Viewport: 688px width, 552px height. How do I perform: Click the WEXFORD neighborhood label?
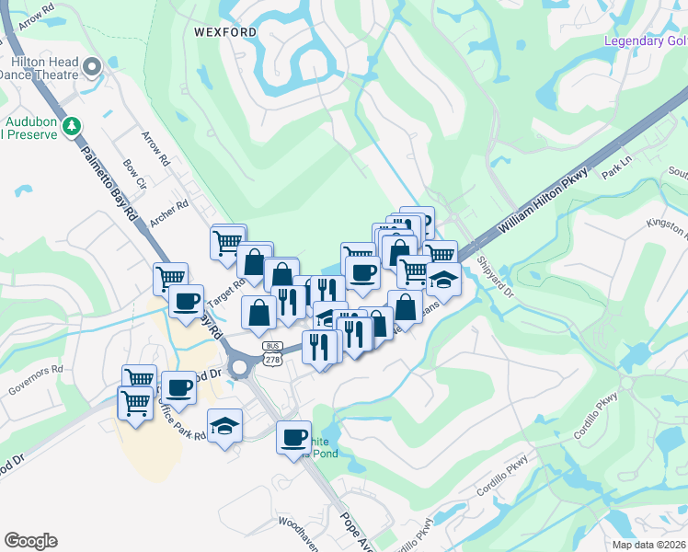click(225, 31)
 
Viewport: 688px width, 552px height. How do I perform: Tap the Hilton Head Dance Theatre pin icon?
click(91, 66)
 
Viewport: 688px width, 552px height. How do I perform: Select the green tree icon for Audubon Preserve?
click(70, 126)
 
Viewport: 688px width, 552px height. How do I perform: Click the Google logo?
click(30, 541)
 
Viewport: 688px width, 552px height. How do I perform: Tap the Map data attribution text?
click(649, 545)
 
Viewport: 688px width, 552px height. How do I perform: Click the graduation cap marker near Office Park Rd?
click(224, 425)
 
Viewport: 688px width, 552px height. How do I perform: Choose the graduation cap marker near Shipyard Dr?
click(443, 279)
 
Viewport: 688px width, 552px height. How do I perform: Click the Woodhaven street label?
click(298, 533)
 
